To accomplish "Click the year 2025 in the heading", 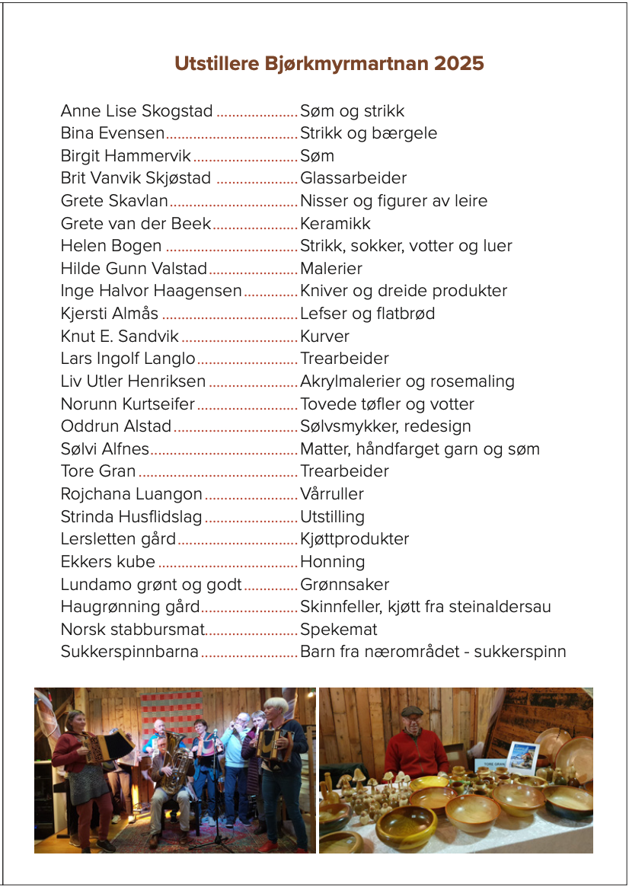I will point(459,63).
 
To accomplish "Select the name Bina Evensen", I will point(112,133).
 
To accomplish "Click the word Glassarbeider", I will point(353,178).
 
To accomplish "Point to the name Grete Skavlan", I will point(114,201).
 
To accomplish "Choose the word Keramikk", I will point(335,224).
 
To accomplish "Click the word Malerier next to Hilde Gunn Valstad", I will point(331,269).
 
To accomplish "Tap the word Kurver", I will point(325,337).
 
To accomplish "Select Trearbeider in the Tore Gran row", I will point(344,471).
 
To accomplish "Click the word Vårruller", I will point(332,494).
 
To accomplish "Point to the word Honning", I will point(333,562).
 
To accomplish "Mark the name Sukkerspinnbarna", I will point(129,652).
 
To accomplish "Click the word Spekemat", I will point(339,630).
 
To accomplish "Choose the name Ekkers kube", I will point(107,562).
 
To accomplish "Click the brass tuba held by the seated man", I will point(173,761).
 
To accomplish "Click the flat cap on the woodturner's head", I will point(412,711).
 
